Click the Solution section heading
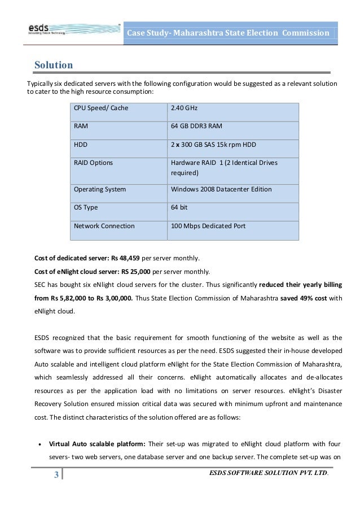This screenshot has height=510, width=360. click(52, 63)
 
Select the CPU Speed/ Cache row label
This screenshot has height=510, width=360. click(96, 108)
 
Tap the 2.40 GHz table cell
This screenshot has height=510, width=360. click(184, 108)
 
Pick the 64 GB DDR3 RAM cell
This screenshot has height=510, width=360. click(197, 126)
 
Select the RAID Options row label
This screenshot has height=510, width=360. click(93, 163)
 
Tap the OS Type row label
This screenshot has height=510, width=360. click(86, 207)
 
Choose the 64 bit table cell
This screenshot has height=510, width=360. click(179, 207)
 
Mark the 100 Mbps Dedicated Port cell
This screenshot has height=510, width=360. click(208, 226)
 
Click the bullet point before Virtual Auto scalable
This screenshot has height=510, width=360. click(38, 443)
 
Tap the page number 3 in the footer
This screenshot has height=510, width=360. click(56, 489)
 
